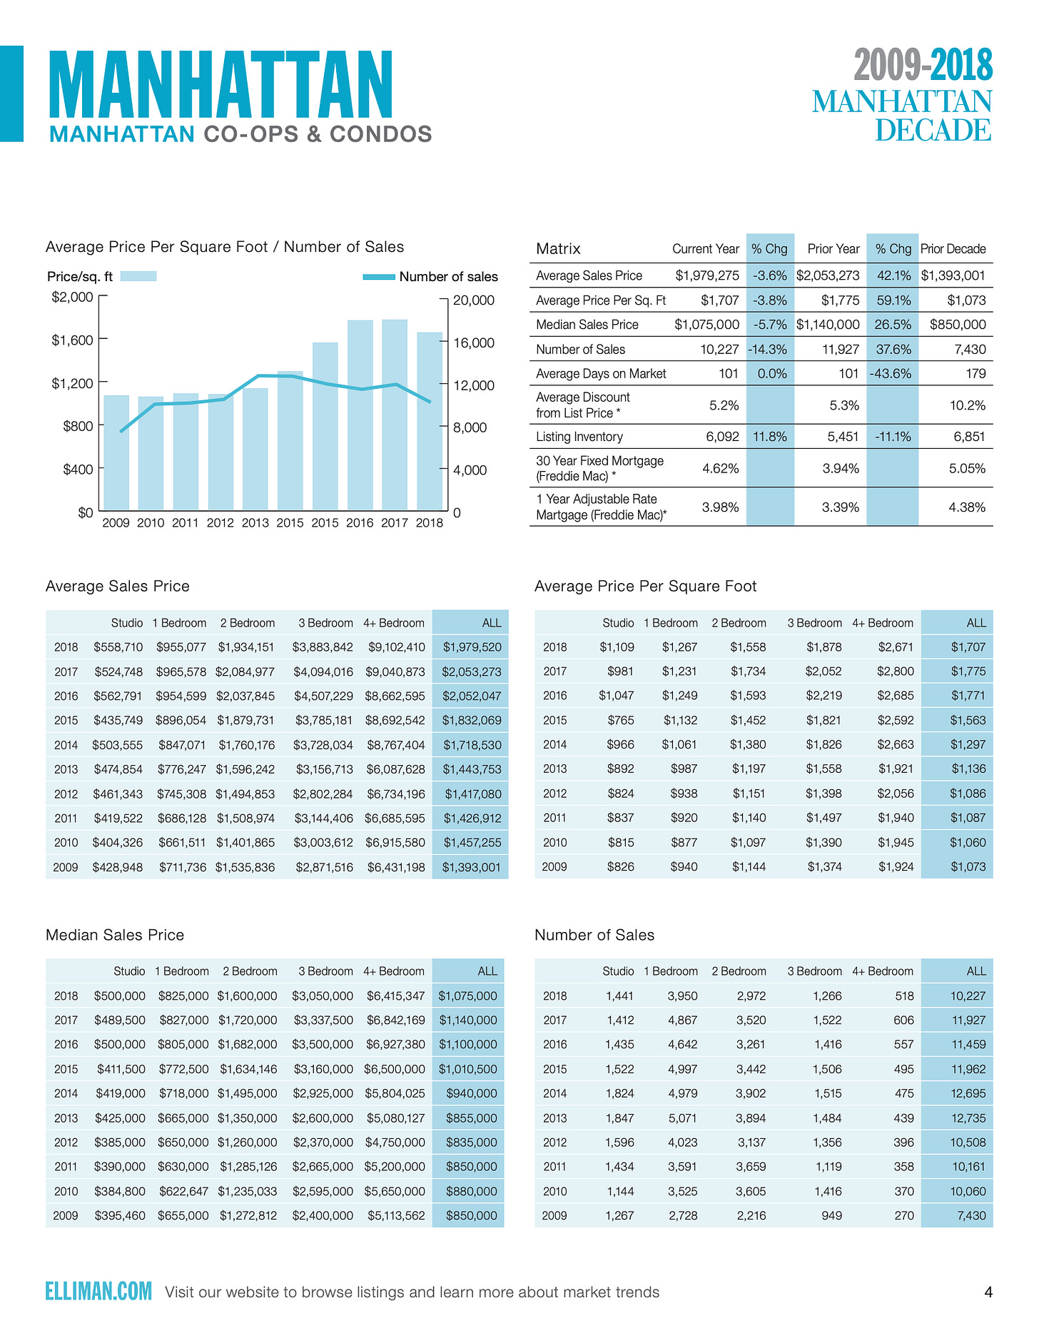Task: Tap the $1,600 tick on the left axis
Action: (x=73, y=340)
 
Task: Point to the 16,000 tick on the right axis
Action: (x=473, y=343)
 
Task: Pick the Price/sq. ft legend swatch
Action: (x=138, y=276)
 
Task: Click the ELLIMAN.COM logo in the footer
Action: (x=98, y=1291)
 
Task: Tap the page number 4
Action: (x=988, y=1292)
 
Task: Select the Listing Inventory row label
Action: (x=579, y=437)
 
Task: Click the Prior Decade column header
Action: (x=953, y=249)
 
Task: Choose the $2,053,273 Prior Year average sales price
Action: (x=828, y=275)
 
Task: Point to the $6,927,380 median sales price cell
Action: (x=395, y=1044)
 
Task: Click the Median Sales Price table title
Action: (x=115, y=935)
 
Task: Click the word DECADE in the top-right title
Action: (x=933, y=131)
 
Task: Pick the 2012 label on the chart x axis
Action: (x=220, y=523)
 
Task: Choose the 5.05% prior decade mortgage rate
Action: (x=967, y=469)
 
